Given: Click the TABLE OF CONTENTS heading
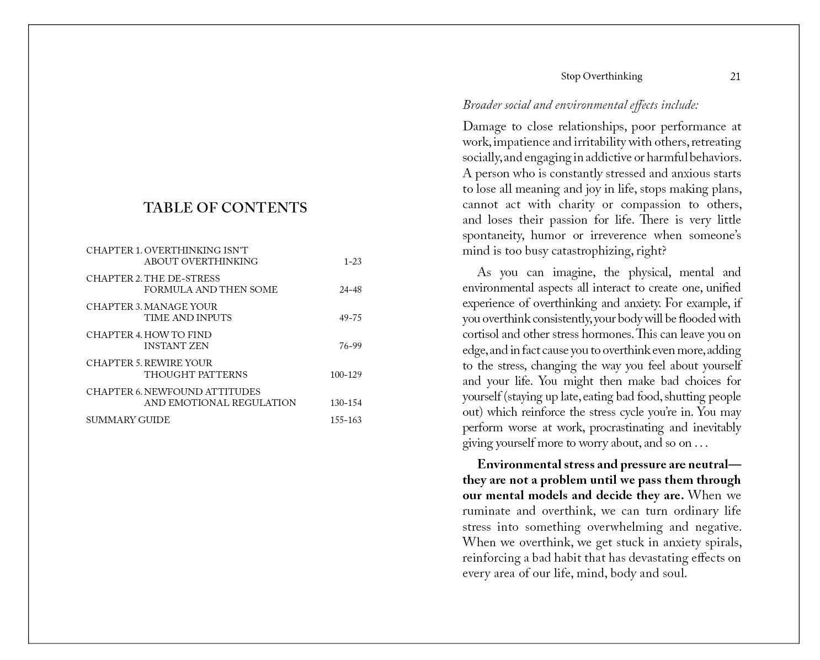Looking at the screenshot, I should coord(225,208).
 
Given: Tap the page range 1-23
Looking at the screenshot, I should coord(352,262).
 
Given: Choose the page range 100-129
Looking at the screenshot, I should coord(345,375).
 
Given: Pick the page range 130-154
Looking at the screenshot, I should coord(345,403).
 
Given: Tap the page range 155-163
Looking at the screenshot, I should coord(345,420).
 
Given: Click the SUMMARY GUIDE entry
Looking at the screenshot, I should coord(128,420).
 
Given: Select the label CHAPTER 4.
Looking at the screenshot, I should coord(114,335).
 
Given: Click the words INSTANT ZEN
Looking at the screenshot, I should coord(176,346).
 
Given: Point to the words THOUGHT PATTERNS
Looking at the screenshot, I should coord(196,375).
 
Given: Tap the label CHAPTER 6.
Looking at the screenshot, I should coord(114,392).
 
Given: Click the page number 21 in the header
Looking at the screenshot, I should coord(735,77).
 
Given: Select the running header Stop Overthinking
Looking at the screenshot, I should coord(601,77).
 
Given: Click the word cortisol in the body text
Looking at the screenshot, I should coord(480,334).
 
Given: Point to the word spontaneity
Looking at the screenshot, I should coord(493,236).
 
